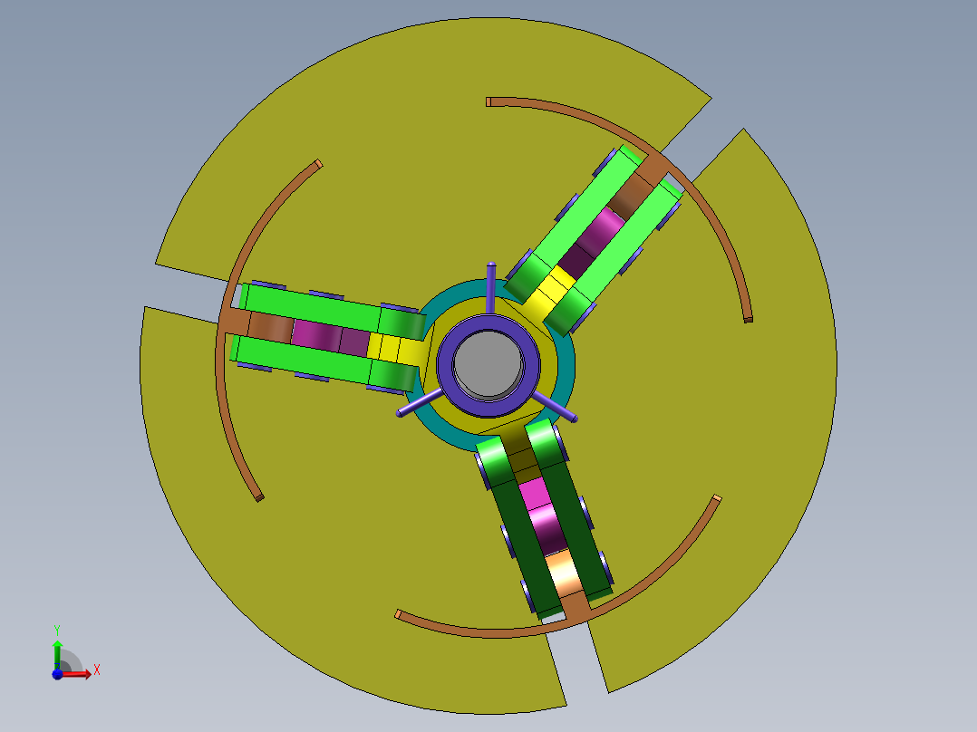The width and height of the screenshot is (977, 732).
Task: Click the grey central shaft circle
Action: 488,364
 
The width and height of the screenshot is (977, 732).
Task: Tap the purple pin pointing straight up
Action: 491,286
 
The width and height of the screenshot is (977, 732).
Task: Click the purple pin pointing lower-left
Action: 420,403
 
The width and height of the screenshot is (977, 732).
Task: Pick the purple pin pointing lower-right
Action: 554,407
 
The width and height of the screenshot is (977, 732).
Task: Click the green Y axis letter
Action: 57,631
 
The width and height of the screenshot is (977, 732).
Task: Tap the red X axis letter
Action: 97,670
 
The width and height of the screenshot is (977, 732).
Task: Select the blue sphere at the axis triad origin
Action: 57,674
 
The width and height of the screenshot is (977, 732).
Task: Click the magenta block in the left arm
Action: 330,336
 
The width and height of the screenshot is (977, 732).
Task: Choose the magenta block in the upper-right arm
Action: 591,241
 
